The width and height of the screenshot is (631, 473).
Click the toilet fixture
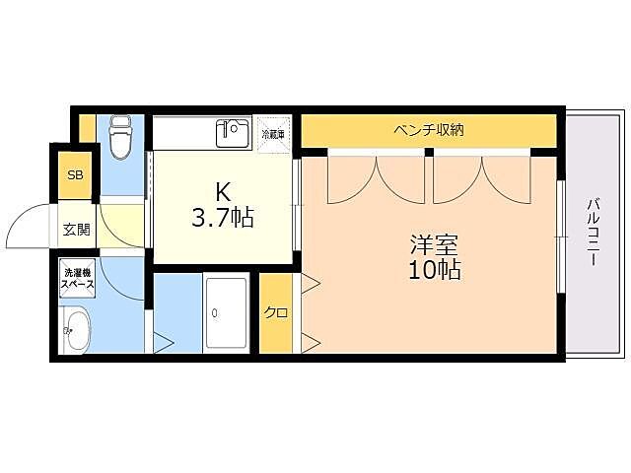pyautogui.click(x=120, y=137)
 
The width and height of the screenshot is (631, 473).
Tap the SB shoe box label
pyautogui.click(x=75, y=175)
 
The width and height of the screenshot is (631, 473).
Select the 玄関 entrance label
pyautogui.click(x=76, y=231)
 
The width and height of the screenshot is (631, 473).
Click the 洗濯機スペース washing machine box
pyautogui.click(x=78, y=278)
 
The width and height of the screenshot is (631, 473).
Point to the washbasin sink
pyautogui.click(x=76, y=330)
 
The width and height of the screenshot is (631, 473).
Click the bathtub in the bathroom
pyautogui.click(x=226, y=313)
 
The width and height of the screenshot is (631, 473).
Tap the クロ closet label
pyautogui.click(x=275, y=313)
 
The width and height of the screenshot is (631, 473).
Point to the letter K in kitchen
pyautogui.click(x=223, y=192)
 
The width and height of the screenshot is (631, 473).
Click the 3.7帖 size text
pyautogui.click(x=223, y=218)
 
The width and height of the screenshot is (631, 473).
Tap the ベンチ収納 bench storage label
pyautogui.click(x=428, y=129)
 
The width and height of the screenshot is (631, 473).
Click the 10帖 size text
pyautogui.click(x=435, y=269)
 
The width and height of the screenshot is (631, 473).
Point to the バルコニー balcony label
pyautogui.click(x=594, y=233)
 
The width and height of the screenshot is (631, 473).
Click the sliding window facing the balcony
pyautogui.click(x=560, y=236)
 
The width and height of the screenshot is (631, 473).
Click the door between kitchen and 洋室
pyautogui.click(x=297, y=207)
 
